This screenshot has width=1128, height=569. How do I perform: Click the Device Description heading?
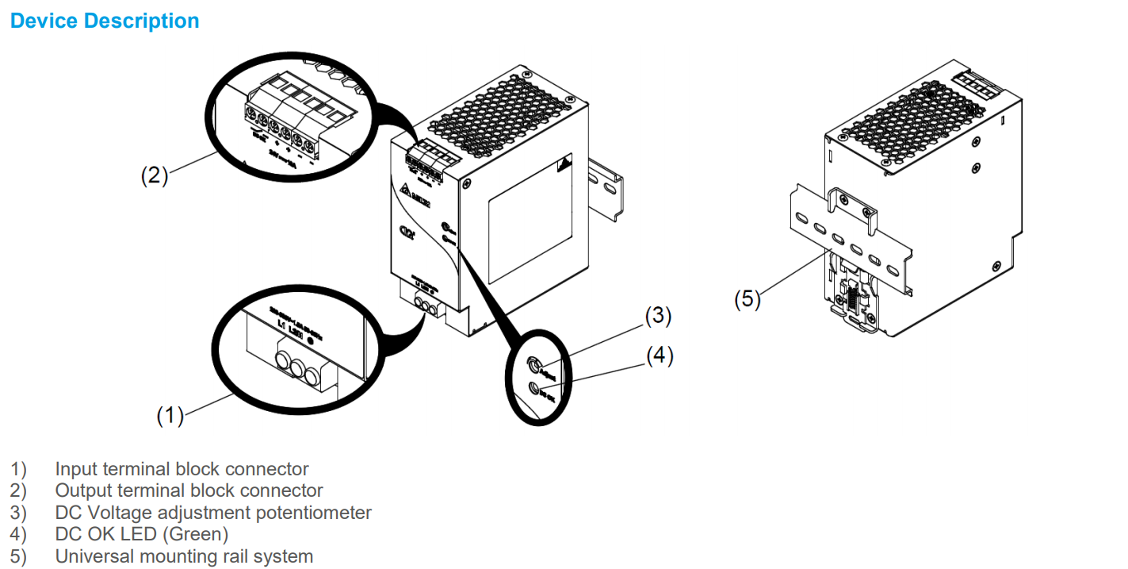tap(105, 21)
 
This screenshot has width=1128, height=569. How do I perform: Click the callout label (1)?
tap(170, 414)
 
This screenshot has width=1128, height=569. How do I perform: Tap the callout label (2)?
tap(155, 175)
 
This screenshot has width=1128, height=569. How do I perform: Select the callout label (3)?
tap(658, 316)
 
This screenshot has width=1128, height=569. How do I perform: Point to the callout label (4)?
tap(660, 356)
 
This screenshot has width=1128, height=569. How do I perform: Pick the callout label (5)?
tap(747, 299)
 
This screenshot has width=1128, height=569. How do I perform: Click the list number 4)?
tap(18, 534)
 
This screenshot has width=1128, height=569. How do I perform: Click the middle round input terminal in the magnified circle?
tap(299, 367)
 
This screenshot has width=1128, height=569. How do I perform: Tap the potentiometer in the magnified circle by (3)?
tap(535, 366)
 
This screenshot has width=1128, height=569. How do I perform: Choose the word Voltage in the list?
tap(114, 513)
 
